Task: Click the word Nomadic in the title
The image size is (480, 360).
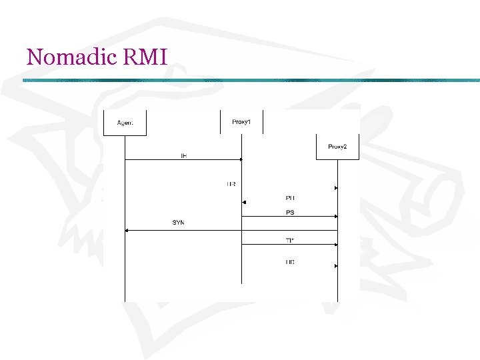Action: click(x=63, y=57)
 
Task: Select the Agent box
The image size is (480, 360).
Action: click(x=125, y=122)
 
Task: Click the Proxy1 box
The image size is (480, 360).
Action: click(x=241, y=121)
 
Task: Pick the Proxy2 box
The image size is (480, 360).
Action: click(x=337, y=147)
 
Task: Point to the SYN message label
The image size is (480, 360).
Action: click(x=178, y=222)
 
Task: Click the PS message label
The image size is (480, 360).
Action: click(x=290, y=212)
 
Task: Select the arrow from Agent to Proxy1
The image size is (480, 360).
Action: click(x=183, y=159)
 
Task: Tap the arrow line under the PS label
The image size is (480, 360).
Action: click(x=290, y=216)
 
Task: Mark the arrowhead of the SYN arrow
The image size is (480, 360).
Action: click(x=127, y=230)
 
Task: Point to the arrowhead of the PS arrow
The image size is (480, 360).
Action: click(x=335, y=216)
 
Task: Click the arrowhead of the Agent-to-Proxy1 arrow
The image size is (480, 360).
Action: click(x=239, y=159)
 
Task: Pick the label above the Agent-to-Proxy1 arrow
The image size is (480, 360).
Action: click(x=184, y=155)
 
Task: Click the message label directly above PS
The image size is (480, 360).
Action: click(x=290, y=198)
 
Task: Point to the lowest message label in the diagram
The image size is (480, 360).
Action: click(x=290, y=262)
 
